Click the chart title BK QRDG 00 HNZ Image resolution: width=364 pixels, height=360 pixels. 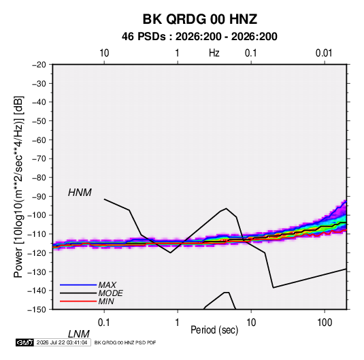click(x=199, y=19)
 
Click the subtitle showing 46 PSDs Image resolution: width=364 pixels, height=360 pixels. click(x=199, y=37)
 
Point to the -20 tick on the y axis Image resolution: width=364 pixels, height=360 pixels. click(x=39, y=65)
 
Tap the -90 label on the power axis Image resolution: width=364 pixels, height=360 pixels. click(x=39, y=197)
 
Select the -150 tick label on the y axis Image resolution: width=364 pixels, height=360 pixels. click(x=37, y=310)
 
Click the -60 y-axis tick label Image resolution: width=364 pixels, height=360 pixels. click(x=39, y=140)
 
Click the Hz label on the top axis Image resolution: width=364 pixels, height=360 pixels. click(x=214, y=53)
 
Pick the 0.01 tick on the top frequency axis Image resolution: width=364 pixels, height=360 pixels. click(x=324, y=53)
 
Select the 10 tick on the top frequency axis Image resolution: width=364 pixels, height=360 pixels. click(x=104, y=53)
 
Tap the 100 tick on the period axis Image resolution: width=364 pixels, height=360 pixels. click(x=325, y=323)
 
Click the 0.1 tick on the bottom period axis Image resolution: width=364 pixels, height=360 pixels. click(x=103, y=323)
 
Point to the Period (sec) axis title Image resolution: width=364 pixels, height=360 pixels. click(x=214, y=330)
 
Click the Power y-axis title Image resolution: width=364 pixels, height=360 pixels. click(x=18, y=187)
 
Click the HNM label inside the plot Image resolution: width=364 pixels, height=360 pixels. click(x=80, y=193)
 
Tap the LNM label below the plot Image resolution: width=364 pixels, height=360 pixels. click(x=78, y=334)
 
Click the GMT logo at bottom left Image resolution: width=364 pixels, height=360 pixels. click(x=24, y=342)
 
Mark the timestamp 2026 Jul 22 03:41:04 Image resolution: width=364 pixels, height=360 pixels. click(x=62, y=342)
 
